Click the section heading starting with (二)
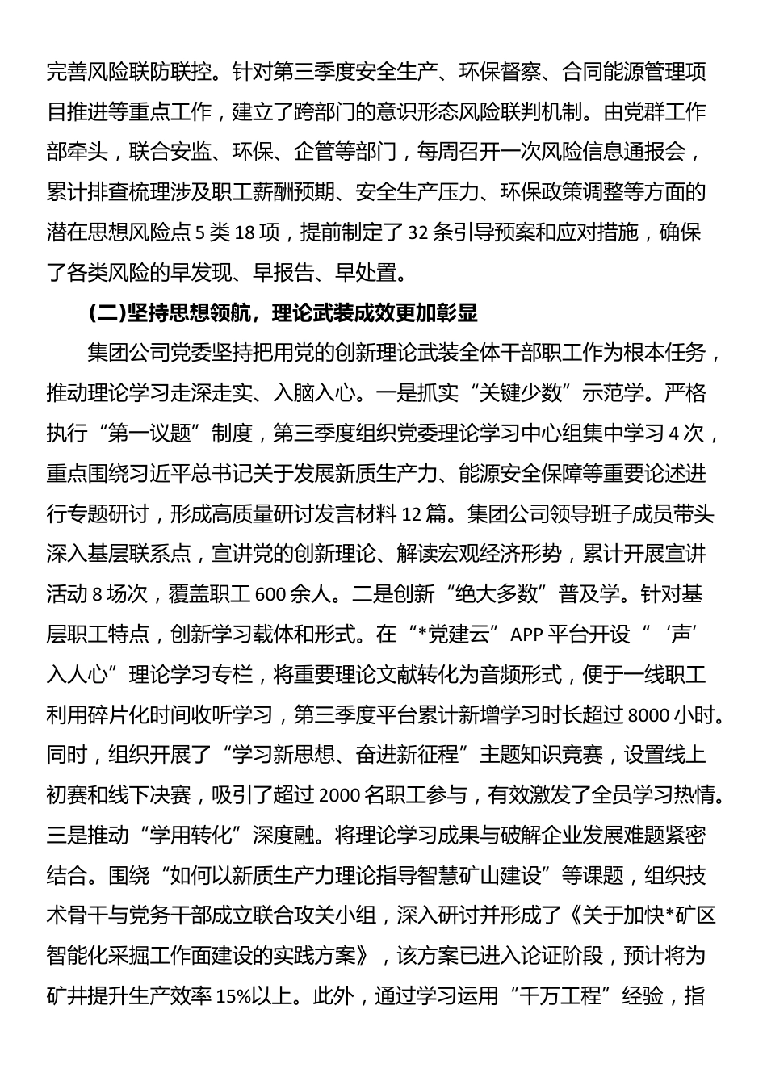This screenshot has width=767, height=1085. click(283, 312)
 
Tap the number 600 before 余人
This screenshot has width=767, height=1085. click(270, 594)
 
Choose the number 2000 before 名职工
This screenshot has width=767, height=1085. click(342, 796)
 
